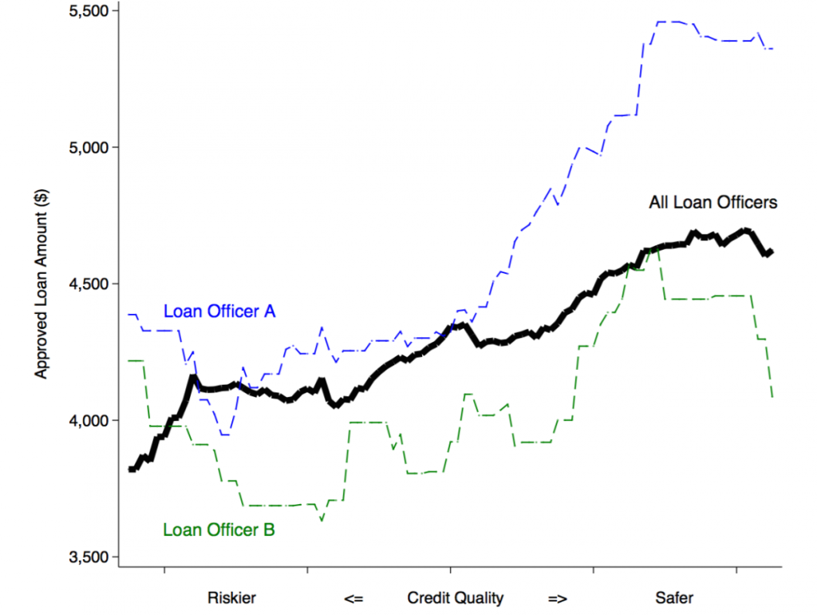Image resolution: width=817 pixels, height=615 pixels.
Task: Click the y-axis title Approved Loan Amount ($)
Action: point(41,284)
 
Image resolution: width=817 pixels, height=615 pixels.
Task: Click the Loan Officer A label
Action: point(219,311)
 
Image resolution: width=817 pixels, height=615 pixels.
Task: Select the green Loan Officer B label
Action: point(219,529)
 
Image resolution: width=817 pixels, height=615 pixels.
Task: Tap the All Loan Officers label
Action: point(712,203)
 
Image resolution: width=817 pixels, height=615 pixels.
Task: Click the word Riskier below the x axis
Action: point(232,597)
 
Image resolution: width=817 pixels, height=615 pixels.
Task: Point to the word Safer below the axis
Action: point(674,597)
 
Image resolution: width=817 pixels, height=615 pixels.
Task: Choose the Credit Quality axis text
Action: point(456,597)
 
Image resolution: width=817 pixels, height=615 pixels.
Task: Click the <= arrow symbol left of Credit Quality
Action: point(354,597)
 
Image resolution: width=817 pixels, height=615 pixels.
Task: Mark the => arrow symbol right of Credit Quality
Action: point(558,597)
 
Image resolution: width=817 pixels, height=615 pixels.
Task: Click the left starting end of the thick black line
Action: point(131,469)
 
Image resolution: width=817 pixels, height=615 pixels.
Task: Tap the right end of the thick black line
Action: point(772,252)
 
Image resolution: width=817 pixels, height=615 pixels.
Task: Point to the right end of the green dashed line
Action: point(773,397)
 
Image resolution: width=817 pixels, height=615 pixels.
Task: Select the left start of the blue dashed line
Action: point(128,315)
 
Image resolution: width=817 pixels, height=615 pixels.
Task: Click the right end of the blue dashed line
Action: point(773,49)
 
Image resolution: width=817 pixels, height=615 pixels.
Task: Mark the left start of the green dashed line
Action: point(128,361)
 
